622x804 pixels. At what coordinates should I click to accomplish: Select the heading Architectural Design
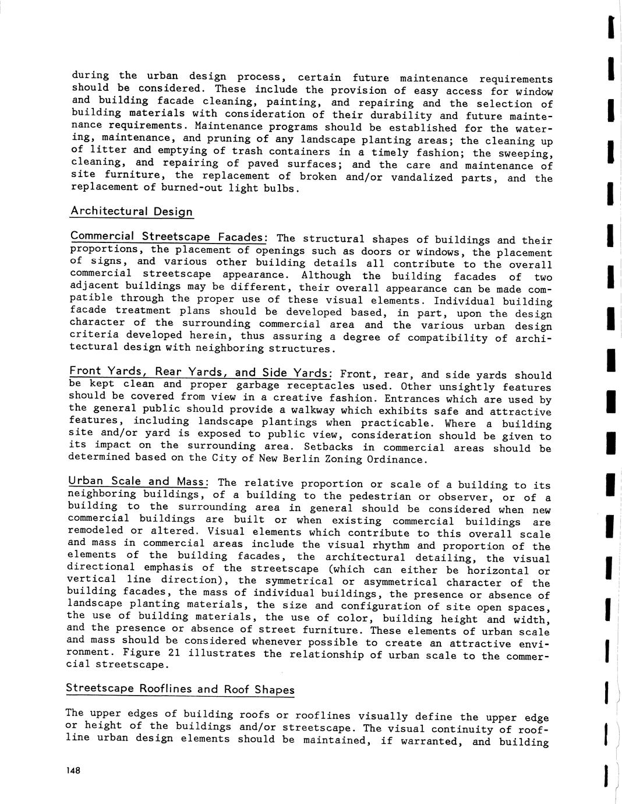(x=132, y=211)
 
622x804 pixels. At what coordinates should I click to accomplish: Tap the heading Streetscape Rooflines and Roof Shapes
(x=180, y=689)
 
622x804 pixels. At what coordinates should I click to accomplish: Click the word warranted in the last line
(x=427, y=741)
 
